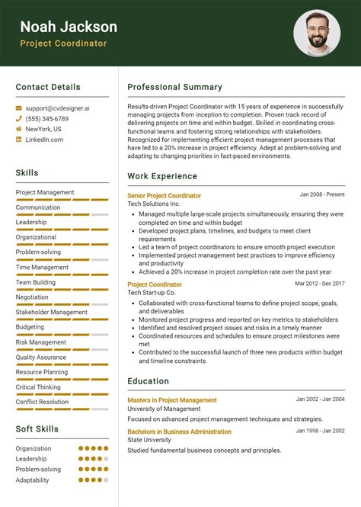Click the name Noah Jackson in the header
tap(69, 27)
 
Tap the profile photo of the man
tap(316, 33)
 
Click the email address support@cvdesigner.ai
tap(57, 108)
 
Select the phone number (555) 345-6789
tap(47, 119)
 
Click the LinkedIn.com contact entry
tap(44, 140)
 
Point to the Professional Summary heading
tap(174, 87)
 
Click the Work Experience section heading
tap(162, 176)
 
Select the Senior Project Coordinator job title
tap(164, 196)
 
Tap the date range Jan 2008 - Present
tap(322, 195)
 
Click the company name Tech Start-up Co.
tap(151, 293)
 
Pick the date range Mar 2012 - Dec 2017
tap(320, 284)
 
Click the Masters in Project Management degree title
tap(171, 400)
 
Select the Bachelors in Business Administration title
tap(179, 432)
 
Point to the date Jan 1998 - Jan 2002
tap(320, 432)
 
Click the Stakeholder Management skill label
tap(52, 312)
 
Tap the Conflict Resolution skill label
tap(42, 402)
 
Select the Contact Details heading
tap(48, 87)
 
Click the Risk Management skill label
tap(41, 342)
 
